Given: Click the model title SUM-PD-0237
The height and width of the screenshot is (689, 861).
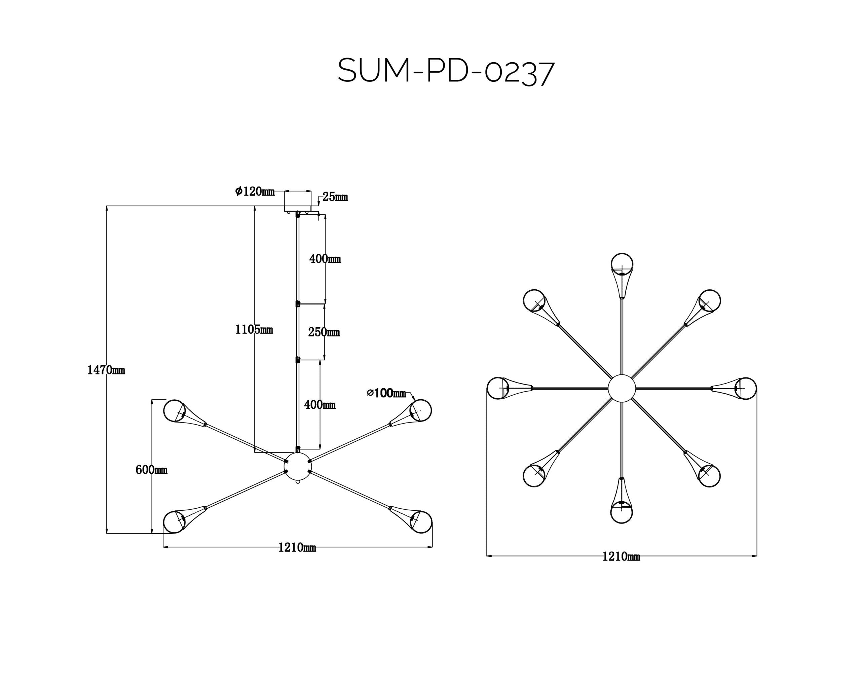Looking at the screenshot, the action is point(446,72).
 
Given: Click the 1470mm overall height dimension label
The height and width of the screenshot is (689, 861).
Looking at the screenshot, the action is point(106,370).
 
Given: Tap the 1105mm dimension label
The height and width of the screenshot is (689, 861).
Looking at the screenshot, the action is point(254,329).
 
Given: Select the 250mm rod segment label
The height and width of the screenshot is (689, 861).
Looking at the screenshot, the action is point(324,332).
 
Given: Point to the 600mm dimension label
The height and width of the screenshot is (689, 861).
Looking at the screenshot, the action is point(151,470).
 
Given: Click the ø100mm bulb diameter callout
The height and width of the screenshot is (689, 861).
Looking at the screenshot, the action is point(386,393).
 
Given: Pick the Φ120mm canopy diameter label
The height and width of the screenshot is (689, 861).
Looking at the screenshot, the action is point(255,191).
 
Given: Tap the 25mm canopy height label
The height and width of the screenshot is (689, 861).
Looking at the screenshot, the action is point(335,197).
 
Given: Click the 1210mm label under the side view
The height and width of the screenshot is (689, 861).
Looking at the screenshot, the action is point(297,547).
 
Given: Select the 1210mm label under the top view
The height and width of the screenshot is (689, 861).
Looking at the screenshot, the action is point(621,556).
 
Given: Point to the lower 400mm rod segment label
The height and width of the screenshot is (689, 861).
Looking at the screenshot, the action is point(320,405).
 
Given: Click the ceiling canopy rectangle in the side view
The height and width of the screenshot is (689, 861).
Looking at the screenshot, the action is point(298,201).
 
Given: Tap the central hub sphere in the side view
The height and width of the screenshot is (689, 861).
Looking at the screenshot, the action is point(298,466).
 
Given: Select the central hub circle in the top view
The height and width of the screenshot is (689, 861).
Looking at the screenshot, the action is point(622,388).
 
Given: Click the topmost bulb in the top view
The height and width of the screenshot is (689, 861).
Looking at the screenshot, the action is point(622,264).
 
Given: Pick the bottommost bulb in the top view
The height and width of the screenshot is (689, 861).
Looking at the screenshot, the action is point(622,512).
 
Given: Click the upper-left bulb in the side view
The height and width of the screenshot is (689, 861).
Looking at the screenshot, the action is point(175,410).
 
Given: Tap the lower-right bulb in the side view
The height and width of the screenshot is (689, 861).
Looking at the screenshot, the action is point(421,522).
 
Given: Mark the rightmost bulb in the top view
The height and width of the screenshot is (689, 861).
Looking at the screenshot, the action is point(746,388).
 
